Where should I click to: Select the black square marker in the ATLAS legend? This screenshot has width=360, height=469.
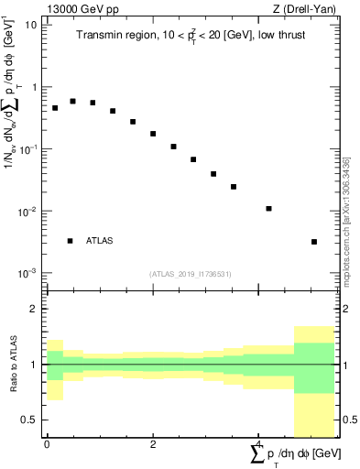pos(70,241)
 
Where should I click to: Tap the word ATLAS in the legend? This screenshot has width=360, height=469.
pos(100,241)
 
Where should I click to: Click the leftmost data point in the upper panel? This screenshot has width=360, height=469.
pos(55,108)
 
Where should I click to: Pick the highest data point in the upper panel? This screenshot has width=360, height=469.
pos(72,101)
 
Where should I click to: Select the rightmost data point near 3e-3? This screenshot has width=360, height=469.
pos(314,242)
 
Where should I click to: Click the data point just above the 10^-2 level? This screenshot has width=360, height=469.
pos(269,209)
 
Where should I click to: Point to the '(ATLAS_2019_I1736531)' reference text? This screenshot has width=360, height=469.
pos(191,274)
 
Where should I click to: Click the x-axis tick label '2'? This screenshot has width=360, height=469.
pos(153,446)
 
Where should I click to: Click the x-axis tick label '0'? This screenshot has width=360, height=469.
pos(47,446)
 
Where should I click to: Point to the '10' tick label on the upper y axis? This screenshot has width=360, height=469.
pos(30,25)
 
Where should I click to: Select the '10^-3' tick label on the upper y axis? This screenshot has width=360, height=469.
pos(27,273)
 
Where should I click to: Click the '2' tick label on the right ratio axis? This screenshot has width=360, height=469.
pos(346,310)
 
